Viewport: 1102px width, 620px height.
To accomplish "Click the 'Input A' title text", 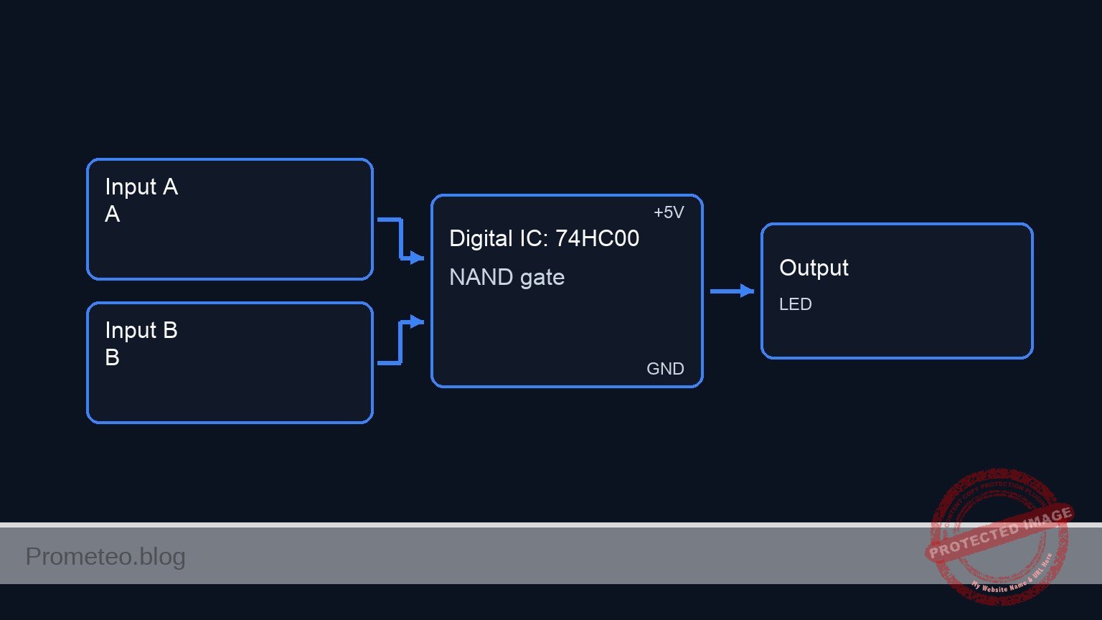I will [x=141, y=187].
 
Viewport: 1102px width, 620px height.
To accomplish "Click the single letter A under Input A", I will [x=113, y=215].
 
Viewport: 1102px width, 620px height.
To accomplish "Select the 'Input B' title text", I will [x=141, y=331].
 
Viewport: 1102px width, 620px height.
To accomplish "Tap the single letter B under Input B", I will [x=113, y=358].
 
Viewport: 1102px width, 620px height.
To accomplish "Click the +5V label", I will [x=669, y=212].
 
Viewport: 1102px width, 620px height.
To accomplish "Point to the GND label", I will [x=665, y=369].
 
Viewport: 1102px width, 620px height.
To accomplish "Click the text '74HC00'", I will [x=597, y=239].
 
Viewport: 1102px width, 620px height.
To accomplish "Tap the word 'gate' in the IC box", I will [x=542, y=278].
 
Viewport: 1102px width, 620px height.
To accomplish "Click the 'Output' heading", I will [x=814, y=268].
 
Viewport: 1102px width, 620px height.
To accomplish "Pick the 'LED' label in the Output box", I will [x=795, y=304].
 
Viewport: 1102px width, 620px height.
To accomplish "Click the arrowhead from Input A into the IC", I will [x=417, y=258].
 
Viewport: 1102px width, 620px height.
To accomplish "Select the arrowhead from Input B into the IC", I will [x=417, y=321].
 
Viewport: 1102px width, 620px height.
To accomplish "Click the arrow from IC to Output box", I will [x=732, y=291].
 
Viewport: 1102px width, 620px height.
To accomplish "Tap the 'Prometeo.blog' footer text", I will [x=105, y=557].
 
